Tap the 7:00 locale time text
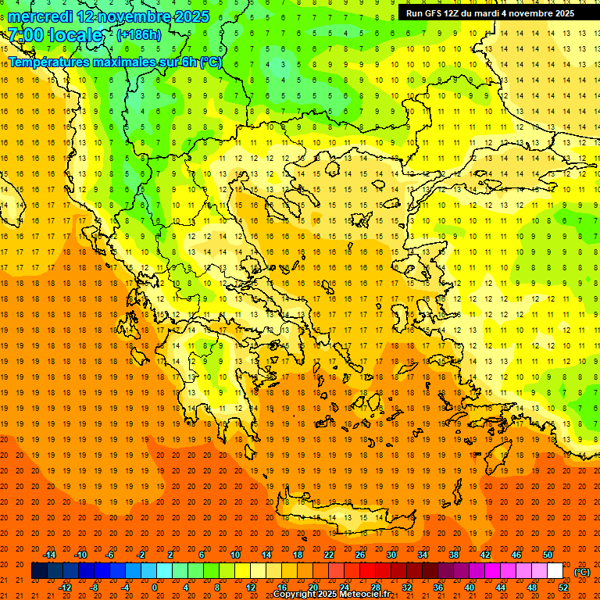[55, 35]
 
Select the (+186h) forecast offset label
[138, 35]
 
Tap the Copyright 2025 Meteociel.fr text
[332, 595]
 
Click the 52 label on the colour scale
[563, 587]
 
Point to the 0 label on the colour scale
[155, 587]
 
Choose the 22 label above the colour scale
[329, 555]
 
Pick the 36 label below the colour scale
[438, 587]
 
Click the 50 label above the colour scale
[547, 555]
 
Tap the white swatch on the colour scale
[555, 571]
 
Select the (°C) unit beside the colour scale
[582, 572]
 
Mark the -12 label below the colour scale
[65, 587]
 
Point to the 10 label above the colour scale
[235, 555]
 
